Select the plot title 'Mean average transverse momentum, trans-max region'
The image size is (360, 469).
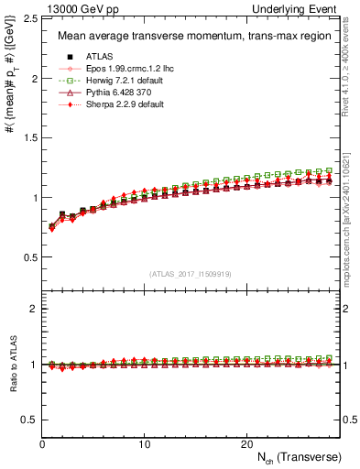click(188, 37)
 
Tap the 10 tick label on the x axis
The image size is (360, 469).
click(144, 444)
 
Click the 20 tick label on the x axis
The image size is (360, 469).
click(246, 444)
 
